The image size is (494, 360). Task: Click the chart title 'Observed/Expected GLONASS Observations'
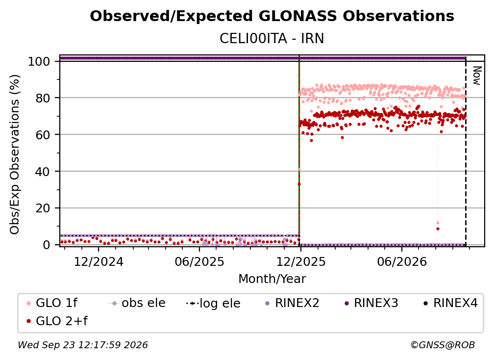click(x=272, y=16)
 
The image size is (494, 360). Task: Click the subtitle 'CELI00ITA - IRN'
click(x=272, y=39)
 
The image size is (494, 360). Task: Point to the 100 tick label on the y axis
click(x=39, y=61)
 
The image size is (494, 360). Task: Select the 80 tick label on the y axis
click(x=43, y=98)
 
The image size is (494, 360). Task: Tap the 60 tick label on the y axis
click(x=43, y=135)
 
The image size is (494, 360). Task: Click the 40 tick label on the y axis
click(x=43, y=172)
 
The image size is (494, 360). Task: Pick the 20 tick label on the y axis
click(x=43, y=208)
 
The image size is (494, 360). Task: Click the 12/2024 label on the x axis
click(x=99, y=262)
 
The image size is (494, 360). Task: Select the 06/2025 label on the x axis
click(x=199, y=262)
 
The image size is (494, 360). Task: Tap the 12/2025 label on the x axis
click(x=301, y=262)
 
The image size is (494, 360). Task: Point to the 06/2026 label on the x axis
click(x=402, y=262)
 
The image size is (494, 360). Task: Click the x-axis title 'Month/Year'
click(x=272, y=279)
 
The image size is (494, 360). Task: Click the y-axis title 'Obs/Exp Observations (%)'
click(x=15, y=154)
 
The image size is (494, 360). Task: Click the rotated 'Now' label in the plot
click(x=477, y=76)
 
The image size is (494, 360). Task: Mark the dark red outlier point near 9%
click(x=438, y=229)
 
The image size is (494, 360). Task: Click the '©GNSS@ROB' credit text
click(x=443, y=345)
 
